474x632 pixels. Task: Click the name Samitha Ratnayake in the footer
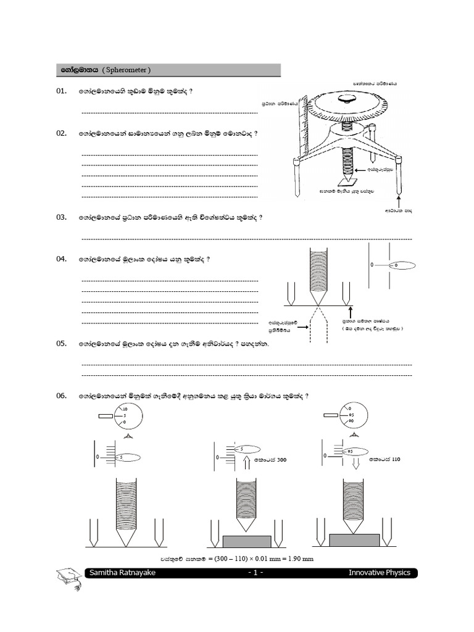[122, 573]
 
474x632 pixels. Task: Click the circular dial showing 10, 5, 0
[123, 417]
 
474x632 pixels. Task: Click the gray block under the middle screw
[246, 541]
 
